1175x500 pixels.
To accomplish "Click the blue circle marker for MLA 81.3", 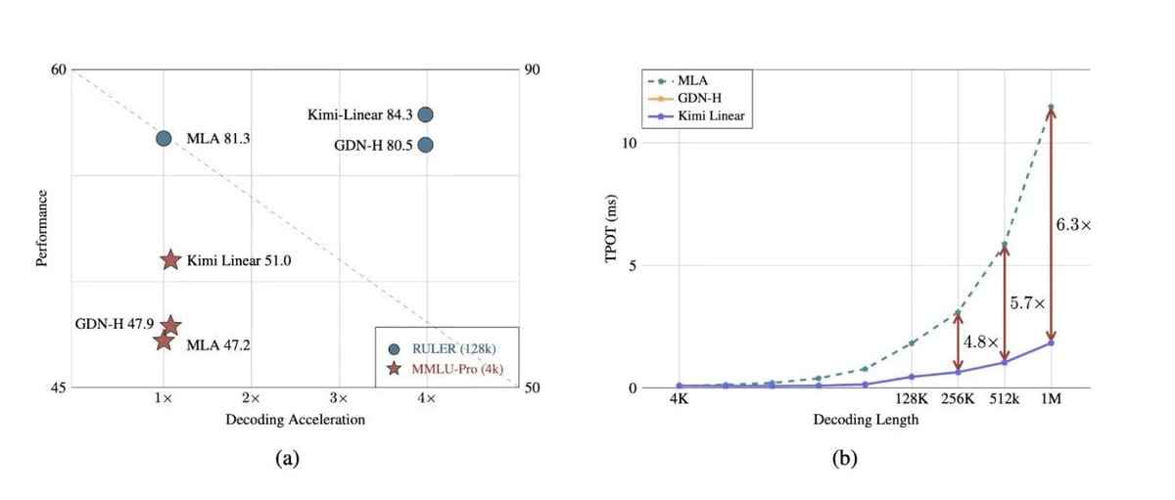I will pos(164,139).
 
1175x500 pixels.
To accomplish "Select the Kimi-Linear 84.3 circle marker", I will pos(425,114).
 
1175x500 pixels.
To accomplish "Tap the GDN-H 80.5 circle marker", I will pos(425,145).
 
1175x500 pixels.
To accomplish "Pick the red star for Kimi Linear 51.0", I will pos(170,260).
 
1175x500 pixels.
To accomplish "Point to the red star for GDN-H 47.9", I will pos(169,325).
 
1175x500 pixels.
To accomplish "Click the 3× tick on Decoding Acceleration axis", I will pos(339,399).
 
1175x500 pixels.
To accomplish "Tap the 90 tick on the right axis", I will pos(533,70).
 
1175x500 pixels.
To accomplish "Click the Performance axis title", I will pos(42,229).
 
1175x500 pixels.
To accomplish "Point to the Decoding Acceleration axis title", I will pos(295,420).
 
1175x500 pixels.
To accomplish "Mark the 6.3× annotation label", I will pos(1074,224).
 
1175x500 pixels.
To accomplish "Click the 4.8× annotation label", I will pos(980,342).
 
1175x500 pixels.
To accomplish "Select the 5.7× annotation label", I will pos(1027,304).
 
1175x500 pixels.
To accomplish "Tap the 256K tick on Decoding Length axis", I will pos(958,400).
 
